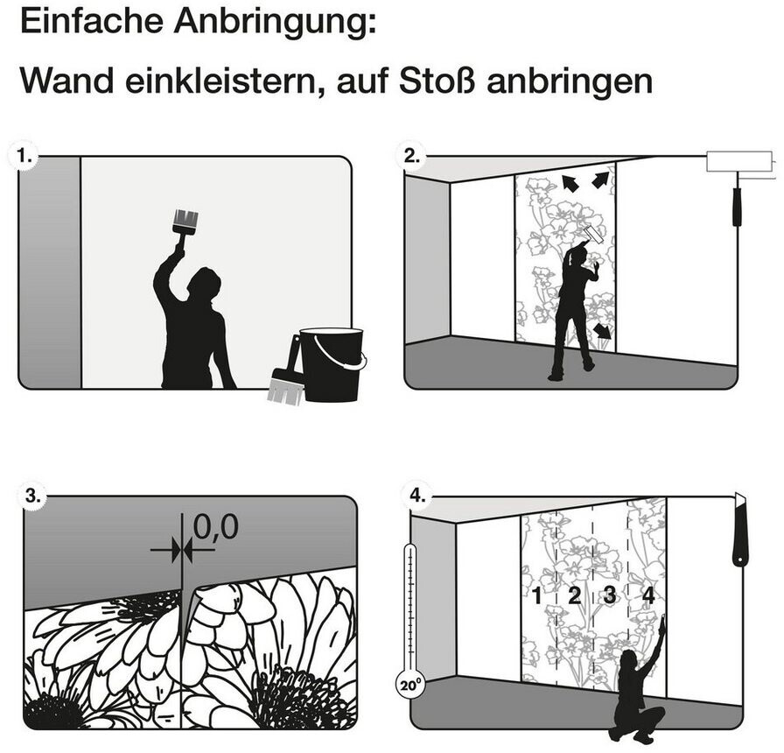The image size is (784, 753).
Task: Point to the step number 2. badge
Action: point(411,157)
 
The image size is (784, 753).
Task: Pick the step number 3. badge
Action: point(33,496)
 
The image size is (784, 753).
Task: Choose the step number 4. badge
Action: point(417,496)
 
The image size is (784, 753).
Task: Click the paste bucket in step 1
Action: point(332,363)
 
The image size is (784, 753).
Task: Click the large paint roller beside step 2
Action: point(742,186)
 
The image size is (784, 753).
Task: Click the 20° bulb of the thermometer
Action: point(409,686)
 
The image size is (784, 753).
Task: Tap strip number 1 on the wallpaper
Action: point(536,596)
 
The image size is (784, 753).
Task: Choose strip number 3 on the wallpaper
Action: point(610,595)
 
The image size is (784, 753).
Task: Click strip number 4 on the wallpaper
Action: point(648,595)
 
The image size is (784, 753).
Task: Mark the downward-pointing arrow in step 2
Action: point(604,331)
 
